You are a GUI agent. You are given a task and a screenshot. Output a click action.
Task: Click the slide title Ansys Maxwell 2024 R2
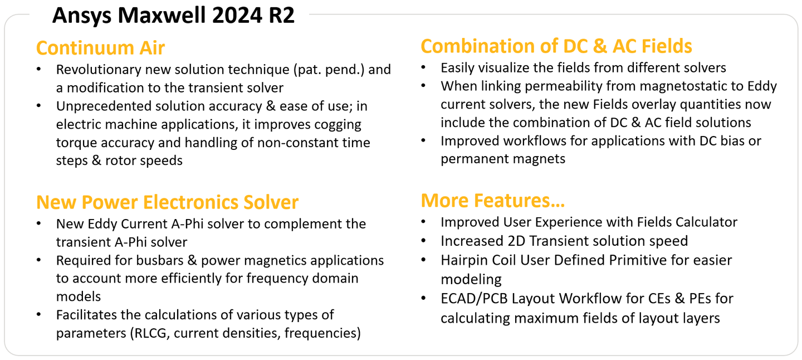click(x=173, y=15)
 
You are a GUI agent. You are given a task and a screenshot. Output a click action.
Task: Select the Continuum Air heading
click(x=100, y=48)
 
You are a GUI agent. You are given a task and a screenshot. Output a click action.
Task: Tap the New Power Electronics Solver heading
click(x=167, y=202)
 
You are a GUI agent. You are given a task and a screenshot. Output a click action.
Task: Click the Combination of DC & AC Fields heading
click(x=556, y=46)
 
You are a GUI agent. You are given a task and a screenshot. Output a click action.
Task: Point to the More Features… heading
click(x=493, y=200)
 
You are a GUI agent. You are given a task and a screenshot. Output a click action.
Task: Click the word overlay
click(x=651, y=104)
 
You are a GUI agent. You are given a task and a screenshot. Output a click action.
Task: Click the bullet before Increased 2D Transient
click(x=424, y=241)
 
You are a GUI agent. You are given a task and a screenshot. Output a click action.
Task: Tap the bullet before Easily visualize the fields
click(x=424, y=68)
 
